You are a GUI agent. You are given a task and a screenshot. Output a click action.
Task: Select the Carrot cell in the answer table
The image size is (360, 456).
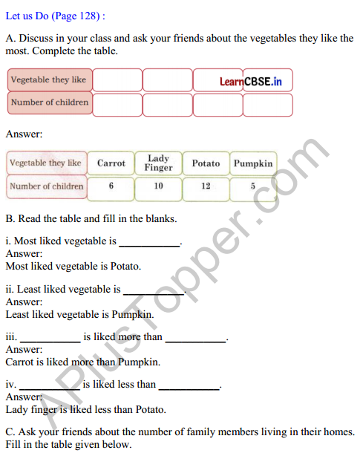[111, 163]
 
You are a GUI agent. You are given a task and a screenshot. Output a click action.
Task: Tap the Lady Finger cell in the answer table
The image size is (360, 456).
[158, 163]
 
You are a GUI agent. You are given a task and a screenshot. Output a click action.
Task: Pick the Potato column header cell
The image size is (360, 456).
[206, 163]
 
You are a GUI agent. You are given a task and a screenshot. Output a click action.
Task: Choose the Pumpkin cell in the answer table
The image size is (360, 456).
[253, 163]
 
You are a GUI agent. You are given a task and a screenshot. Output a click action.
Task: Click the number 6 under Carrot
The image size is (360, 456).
[111, 186]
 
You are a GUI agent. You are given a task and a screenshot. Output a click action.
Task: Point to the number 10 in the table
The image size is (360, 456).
[158, 186]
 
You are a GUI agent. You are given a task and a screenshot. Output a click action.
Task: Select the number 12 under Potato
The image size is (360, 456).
[206, 186]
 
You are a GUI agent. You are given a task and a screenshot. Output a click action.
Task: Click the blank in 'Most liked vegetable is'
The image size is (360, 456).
[149, 242]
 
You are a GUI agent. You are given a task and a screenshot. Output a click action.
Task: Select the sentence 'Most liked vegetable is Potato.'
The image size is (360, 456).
[73, 265]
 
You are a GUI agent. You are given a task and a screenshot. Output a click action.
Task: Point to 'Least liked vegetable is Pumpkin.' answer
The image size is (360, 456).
[79, 314]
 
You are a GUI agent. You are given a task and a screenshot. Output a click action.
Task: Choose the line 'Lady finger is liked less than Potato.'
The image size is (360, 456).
[85, 409]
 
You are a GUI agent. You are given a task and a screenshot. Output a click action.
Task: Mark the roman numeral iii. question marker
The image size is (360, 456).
[10, 337]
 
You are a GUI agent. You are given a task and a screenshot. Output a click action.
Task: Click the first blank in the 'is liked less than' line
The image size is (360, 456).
[50, 385]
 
